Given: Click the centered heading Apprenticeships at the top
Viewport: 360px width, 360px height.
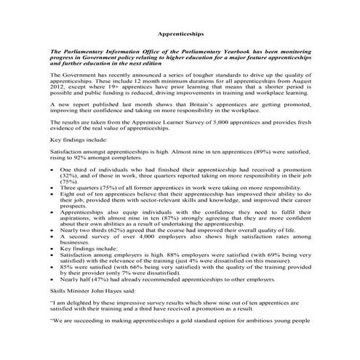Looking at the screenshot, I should (180, 34).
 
